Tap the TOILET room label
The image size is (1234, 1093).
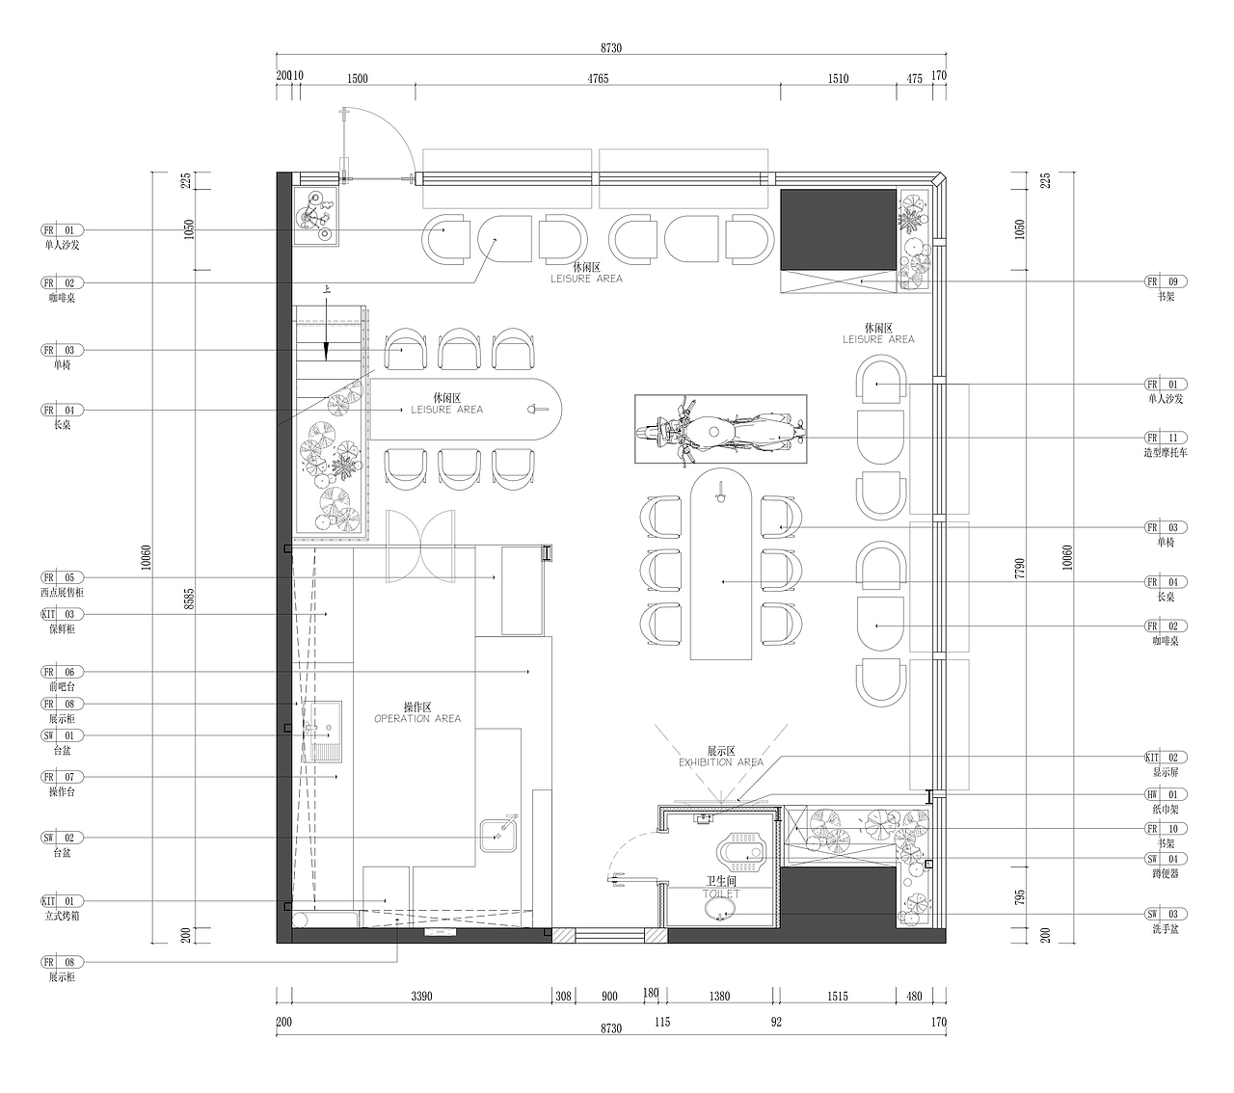click(x=721, y=893)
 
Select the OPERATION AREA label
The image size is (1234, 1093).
click(x=417, y=718)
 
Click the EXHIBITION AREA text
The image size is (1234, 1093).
click(x=721, y=762)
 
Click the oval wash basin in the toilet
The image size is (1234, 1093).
click(x=720, y=910)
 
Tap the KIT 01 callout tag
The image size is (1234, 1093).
click(x=62, y=901)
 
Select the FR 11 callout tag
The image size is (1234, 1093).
click(x=1166, y=438)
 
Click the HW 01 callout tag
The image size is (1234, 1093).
click(x=1166, y=794)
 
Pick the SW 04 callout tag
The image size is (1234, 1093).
click(x=1166, y=859)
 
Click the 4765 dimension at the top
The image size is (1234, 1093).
click(x=598, y=78)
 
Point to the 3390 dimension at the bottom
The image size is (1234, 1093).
click(x=421, y=997)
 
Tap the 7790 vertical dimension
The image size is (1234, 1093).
click(x=1020, y=568)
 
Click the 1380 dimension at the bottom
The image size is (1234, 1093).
click(x=719, y=997)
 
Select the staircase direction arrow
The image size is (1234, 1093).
click(x=327, y=328)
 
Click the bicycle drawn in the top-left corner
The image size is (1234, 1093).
click(x=314, y=217)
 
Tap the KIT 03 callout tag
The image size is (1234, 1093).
click(x=62, y=614)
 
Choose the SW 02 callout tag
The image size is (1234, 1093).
click(x=62, y=838)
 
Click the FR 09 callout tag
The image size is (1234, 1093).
click(x=1166, y=282)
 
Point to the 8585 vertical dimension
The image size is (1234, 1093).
click(x=189, y=599)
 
